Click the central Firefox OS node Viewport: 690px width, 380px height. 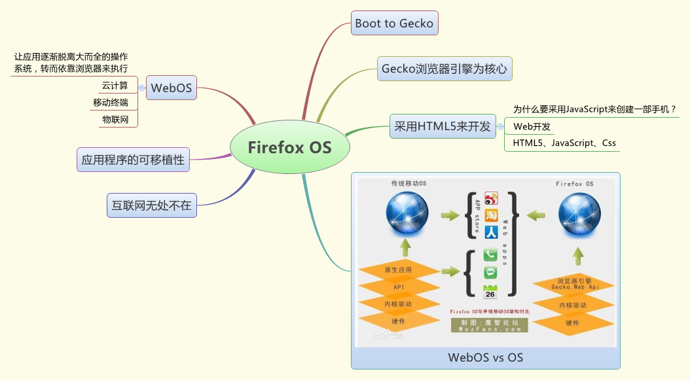click(289, 147)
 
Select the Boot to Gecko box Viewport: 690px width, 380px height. click(394, 23)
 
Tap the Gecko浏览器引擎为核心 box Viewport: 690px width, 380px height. click(445, 68)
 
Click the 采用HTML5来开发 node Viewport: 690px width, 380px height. click(443, 126)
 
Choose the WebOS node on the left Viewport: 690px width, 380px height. click(172, 87)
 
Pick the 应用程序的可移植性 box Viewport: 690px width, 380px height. click(133, 159)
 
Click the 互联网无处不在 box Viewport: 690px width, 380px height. click(151, 205)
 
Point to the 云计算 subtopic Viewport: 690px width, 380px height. click(115, 85)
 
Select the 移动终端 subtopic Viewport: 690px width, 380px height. click(111, 103)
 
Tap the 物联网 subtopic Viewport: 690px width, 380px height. click(115, 120)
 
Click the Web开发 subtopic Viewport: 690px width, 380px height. click(532, 126)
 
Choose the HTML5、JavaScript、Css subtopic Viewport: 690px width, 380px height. click(564, 143)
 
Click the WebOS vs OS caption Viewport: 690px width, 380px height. click(485, 358)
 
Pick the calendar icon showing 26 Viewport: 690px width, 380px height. click(490, 292)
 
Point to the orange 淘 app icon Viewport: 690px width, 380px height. click(491, 215)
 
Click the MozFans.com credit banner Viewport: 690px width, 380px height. click(489, 326)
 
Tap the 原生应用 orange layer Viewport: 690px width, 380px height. click(399, 270)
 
